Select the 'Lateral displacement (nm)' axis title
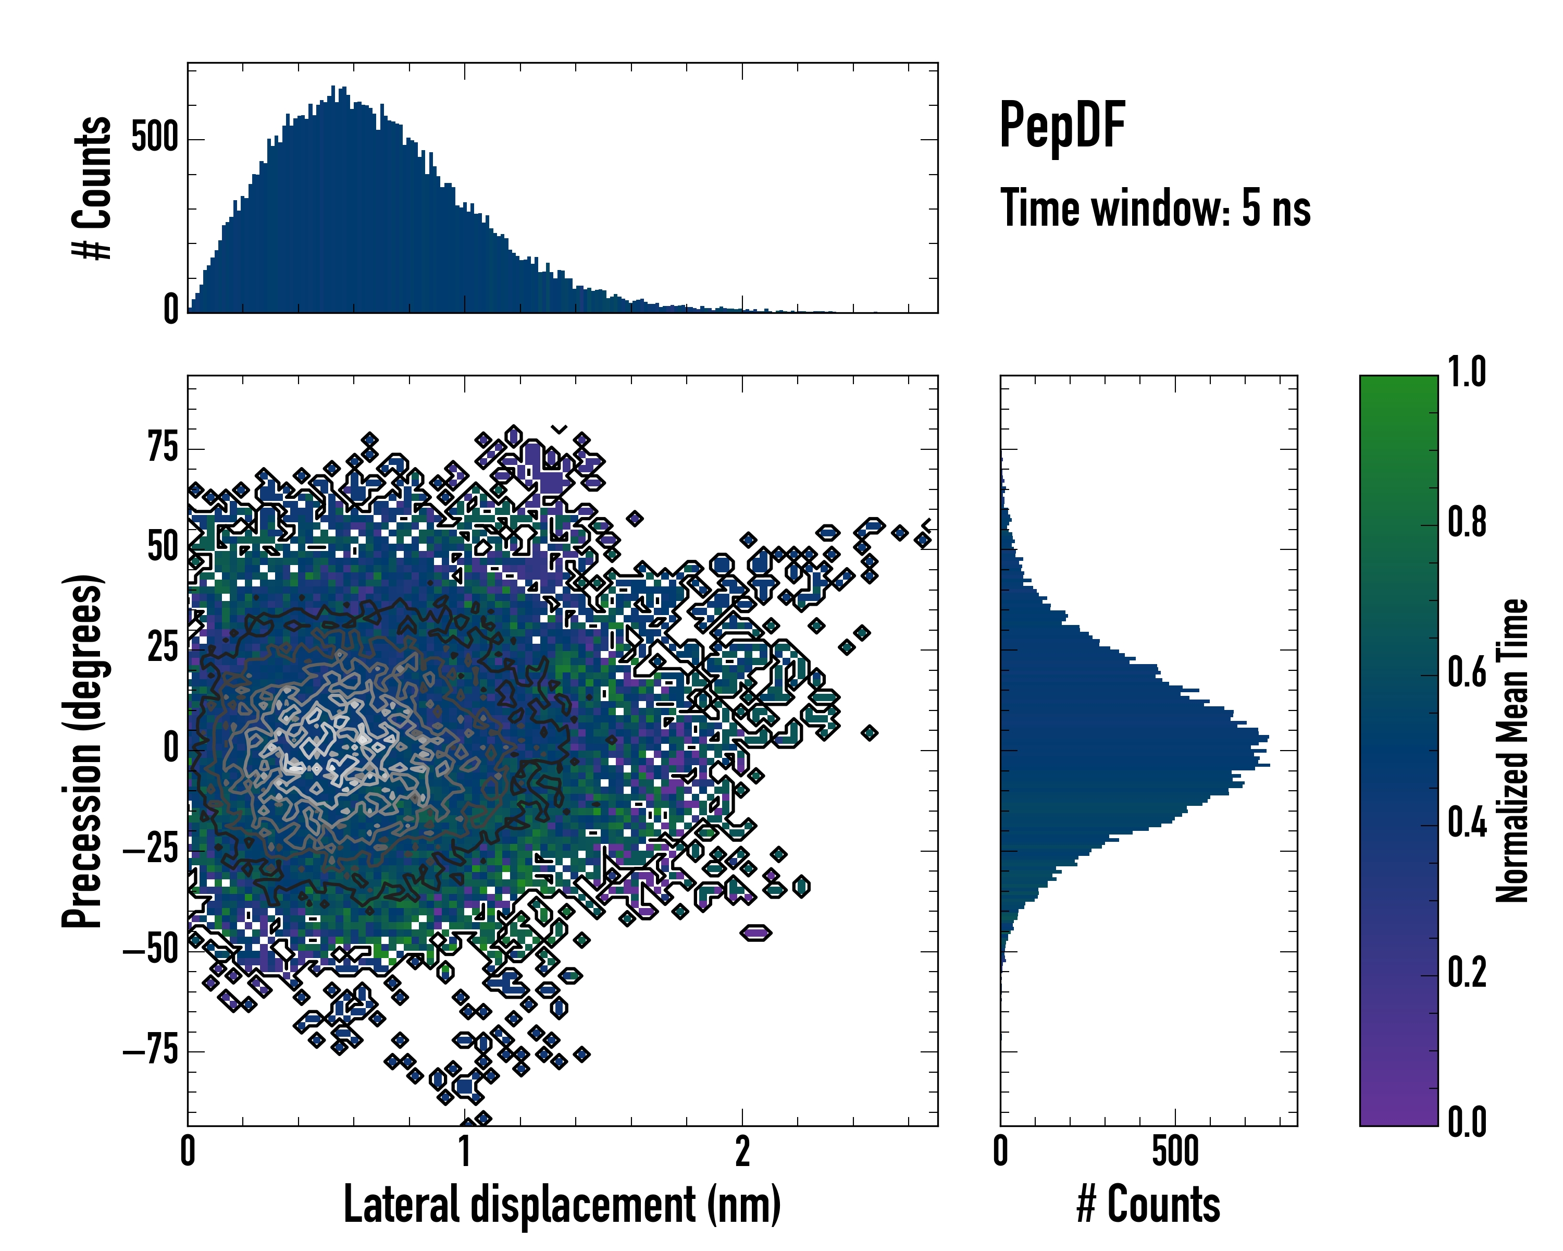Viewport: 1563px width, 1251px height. point(562,1204)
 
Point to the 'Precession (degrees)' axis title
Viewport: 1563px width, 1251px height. point(81,751)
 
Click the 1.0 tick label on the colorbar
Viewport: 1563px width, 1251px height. point(1467,372)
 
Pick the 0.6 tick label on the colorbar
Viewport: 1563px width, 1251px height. point(1467,672)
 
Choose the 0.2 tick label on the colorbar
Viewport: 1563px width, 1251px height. point(1467,973)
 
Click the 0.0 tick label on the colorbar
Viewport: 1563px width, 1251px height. point(1467,1122)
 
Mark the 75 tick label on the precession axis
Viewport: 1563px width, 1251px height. point(163,447)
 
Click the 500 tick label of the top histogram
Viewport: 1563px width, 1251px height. point(154,137)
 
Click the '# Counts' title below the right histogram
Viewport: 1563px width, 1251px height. point(1148,1205)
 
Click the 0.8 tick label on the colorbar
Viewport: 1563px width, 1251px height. point(1467,522)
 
